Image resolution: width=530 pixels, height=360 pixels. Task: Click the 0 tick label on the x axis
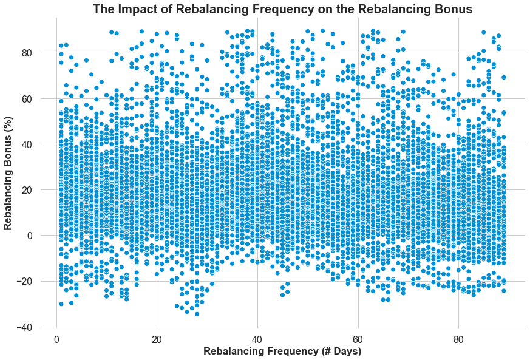[56, 338]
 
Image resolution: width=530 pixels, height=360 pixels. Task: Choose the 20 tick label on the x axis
[157, 338]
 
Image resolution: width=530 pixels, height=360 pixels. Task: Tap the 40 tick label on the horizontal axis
[257, 338]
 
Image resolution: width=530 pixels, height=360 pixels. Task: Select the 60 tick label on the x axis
[358, 338]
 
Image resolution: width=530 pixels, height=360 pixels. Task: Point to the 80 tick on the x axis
[459, 338]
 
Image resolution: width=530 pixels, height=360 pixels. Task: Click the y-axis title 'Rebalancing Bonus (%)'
[8, 172]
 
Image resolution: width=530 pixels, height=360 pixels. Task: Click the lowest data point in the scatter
[197, 314]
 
